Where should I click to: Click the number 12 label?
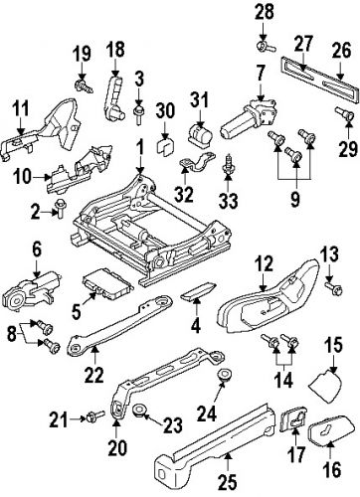264,262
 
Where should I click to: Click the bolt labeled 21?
94,414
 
